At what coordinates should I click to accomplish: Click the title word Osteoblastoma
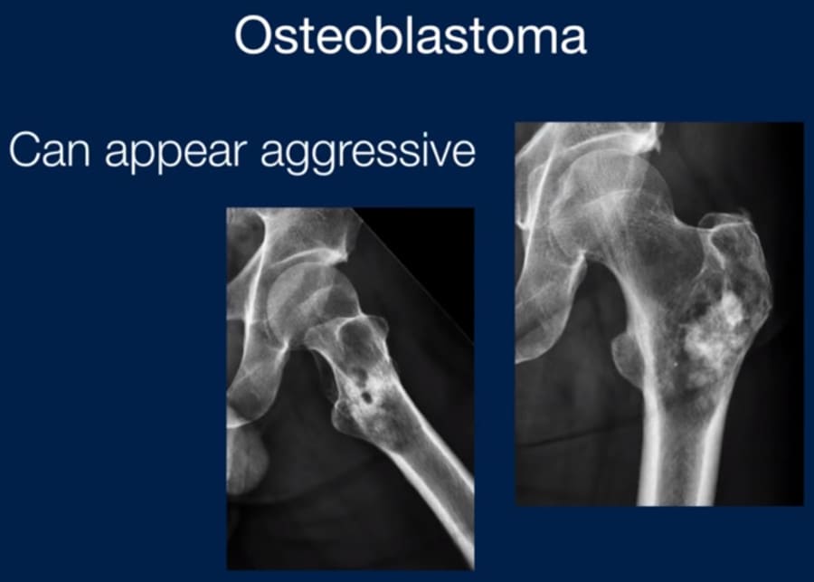tap(411, 34)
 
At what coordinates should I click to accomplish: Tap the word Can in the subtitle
tap(50, 150)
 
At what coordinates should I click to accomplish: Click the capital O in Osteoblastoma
tap(255, 34)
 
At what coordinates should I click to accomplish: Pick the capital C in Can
tap(25, 150)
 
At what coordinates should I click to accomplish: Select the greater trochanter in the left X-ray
tap(358, 332)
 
